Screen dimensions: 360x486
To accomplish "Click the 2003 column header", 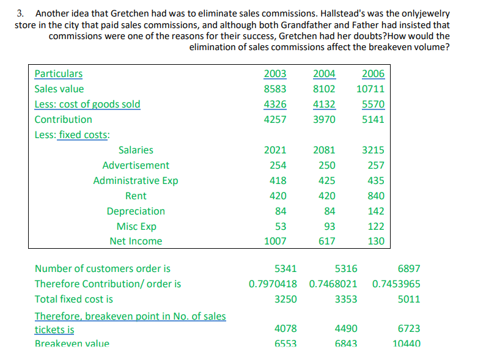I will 275,74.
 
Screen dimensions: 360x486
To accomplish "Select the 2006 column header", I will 373,74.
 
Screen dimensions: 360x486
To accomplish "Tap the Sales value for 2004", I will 324,89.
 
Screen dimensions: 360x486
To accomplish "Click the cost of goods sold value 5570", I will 373,105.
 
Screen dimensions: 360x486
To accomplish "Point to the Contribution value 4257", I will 275,120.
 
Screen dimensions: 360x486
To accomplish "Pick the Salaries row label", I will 136,150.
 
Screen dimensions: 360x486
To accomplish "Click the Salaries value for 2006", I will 373,150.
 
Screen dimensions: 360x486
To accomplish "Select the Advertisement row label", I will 136,165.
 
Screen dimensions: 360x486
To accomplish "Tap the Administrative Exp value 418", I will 278,180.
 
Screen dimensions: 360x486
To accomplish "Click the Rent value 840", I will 376,196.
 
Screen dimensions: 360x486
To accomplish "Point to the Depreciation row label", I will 136,211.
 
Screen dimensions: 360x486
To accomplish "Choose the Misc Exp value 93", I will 327,226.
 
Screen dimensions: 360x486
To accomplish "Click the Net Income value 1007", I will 275,241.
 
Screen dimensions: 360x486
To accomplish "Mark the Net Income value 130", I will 376,241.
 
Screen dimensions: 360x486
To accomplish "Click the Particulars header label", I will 59,74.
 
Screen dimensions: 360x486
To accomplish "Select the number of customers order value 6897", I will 408,268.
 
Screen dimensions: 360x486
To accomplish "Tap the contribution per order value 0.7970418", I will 273,284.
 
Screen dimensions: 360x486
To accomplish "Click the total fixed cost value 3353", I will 346,299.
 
